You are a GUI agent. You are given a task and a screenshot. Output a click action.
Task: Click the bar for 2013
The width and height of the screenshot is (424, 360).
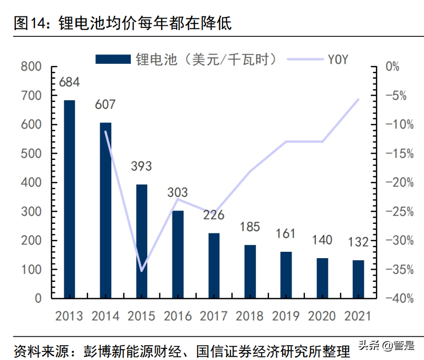[70, 199]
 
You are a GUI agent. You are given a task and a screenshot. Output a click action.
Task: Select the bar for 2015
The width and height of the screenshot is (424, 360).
[141, 241]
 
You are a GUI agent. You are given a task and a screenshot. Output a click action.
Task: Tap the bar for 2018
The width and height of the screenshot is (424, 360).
[250, 271]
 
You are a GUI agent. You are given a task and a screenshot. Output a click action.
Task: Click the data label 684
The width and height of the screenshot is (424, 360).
[69, 82]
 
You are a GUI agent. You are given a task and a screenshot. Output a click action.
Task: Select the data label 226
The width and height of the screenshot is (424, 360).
[214, 215]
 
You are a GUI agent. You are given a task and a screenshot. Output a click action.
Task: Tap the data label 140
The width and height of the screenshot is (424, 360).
[322, 240]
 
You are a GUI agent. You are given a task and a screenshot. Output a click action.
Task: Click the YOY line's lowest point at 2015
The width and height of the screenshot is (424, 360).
[141, 271]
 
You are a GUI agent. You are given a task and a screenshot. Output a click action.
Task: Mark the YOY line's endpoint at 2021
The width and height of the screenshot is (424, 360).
[359, 99]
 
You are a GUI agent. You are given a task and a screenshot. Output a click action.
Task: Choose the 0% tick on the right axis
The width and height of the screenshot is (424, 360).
[393, 67]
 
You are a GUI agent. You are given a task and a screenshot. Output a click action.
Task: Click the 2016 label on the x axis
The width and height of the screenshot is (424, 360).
[178, 316]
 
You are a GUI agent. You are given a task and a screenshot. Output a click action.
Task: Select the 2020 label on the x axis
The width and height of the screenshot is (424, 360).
[322, 316]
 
